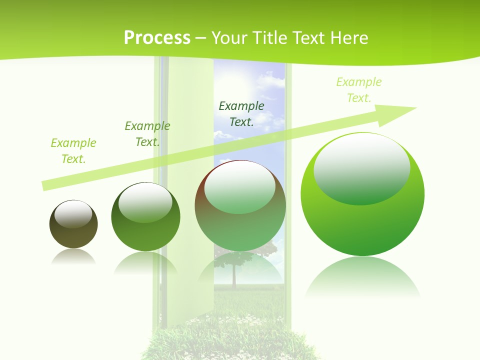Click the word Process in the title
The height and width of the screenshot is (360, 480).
(157, 38)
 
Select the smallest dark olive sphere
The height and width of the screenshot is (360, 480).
(73, 224)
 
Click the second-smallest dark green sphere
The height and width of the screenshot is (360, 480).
(145, 217)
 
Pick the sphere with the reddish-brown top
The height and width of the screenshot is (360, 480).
(240, 205)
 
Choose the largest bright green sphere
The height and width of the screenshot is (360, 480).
(362, 194)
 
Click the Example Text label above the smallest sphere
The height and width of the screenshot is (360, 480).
(73, 151)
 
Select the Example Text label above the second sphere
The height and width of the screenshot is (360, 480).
(147, 134)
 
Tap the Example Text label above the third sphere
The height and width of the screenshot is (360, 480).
(241, 113)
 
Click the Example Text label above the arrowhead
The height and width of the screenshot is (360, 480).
(358, 90)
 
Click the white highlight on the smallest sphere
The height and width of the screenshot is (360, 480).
(73, 214)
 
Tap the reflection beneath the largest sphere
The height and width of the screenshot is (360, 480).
(362, 277)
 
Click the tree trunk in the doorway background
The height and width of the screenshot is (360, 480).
(233, 278)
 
